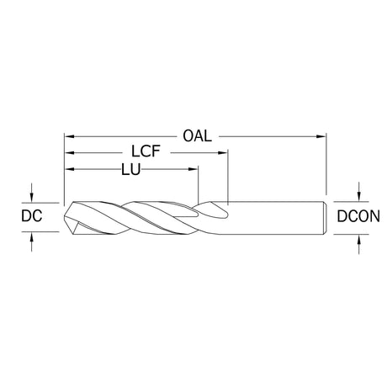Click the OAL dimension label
tap(197, 136)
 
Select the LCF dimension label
tap(146, 151)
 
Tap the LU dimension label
tap(130, 170)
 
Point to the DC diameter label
tap(32, 216)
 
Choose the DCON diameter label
tap(358, 216)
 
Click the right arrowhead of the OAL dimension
tap(321, 136)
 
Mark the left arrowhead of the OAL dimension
tap(69, 136)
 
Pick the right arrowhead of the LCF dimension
tap(223, 153)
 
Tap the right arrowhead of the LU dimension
tap(193, 169)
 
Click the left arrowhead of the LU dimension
tap(69, 169)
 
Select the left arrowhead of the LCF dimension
tap(69, 153)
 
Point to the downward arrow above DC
tap(31, 193)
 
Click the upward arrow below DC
tap(31, 241)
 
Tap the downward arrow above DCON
tap(359, 192)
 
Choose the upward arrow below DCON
tap(359, 244)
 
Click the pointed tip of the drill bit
tap(65, 216)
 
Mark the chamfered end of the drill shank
tap(325, 218)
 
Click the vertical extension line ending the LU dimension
tap(199, 185)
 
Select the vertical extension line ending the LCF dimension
tap(228, 177)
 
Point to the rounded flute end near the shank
tap(225, 214)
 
